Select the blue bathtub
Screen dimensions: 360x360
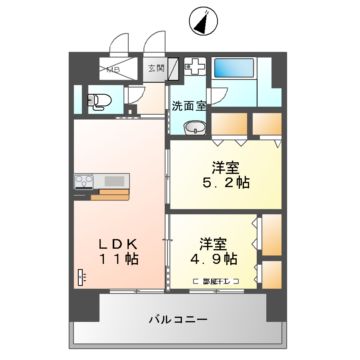[236, 70]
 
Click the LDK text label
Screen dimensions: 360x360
[117, 241]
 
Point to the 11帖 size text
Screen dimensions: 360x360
[117, 259]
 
